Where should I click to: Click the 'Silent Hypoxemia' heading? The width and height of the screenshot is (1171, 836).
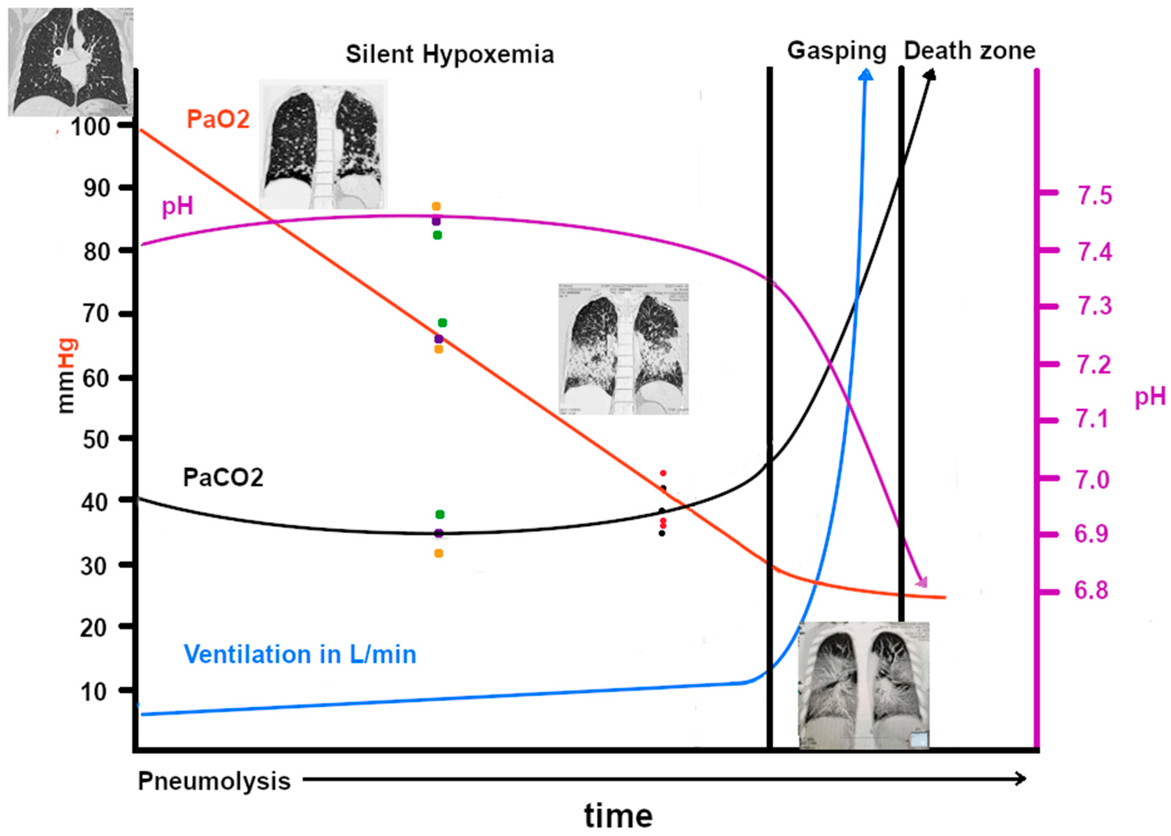tap(449, 54)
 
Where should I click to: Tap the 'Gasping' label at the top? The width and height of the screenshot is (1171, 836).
tap(836, 51)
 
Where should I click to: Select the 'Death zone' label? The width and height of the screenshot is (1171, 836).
tap(969, 51)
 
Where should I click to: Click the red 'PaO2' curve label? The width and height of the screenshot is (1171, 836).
tap(218, 119)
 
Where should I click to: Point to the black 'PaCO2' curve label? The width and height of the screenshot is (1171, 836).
tap(223, 478)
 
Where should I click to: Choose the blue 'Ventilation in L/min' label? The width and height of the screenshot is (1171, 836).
tap(300, 654)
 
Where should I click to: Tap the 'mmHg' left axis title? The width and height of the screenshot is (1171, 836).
tap(66, 376)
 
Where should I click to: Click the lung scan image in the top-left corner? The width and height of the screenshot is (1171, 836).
tap(71, 62)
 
